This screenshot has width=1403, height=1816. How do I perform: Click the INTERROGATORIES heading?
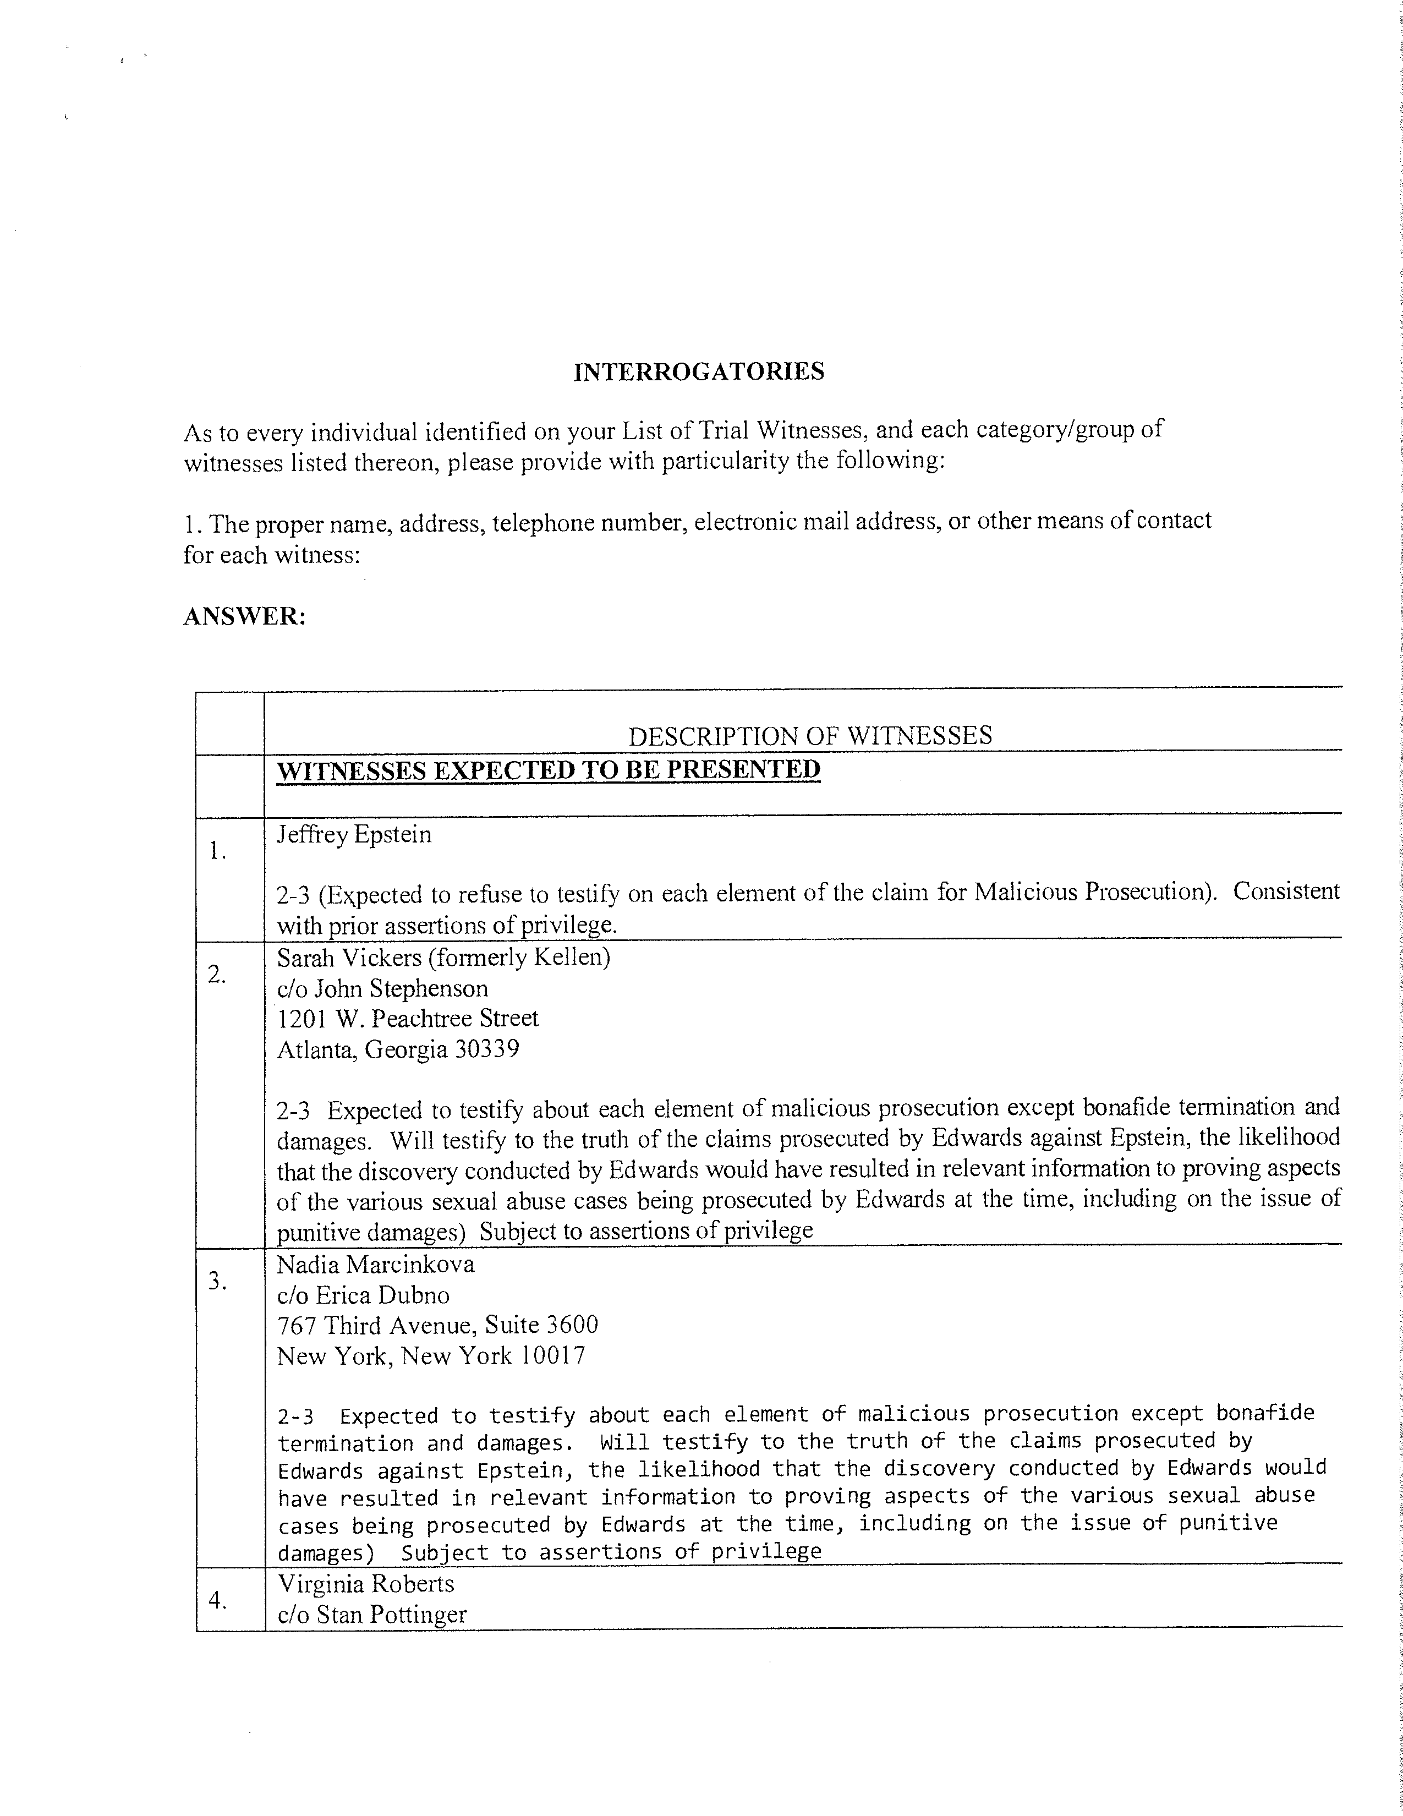pos(699,371)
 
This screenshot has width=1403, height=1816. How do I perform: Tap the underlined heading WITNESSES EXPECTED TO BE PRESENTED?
pos(549,769)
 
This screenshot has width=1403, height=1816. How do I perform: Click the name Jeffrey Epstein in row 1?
pos(354,834)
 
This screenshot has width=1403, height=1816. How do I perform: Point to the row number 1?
pos(218,851)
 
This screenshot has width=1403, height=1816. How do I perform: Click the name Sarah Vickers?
pos(349,958)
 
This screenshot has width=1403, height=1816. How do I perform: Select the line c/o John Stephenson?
pos(382,989)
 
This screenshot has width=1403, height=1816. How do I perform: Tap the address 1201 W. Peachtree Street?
pos(407,1019)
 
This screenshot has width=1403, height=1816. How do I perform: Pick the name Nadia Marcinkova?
pos(376,1265)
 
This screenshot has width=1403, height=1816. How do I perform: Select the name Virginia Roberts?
pos(366,1583)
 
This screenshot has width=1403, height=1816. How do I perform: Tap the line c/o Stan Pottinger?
pos(371,1615)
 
